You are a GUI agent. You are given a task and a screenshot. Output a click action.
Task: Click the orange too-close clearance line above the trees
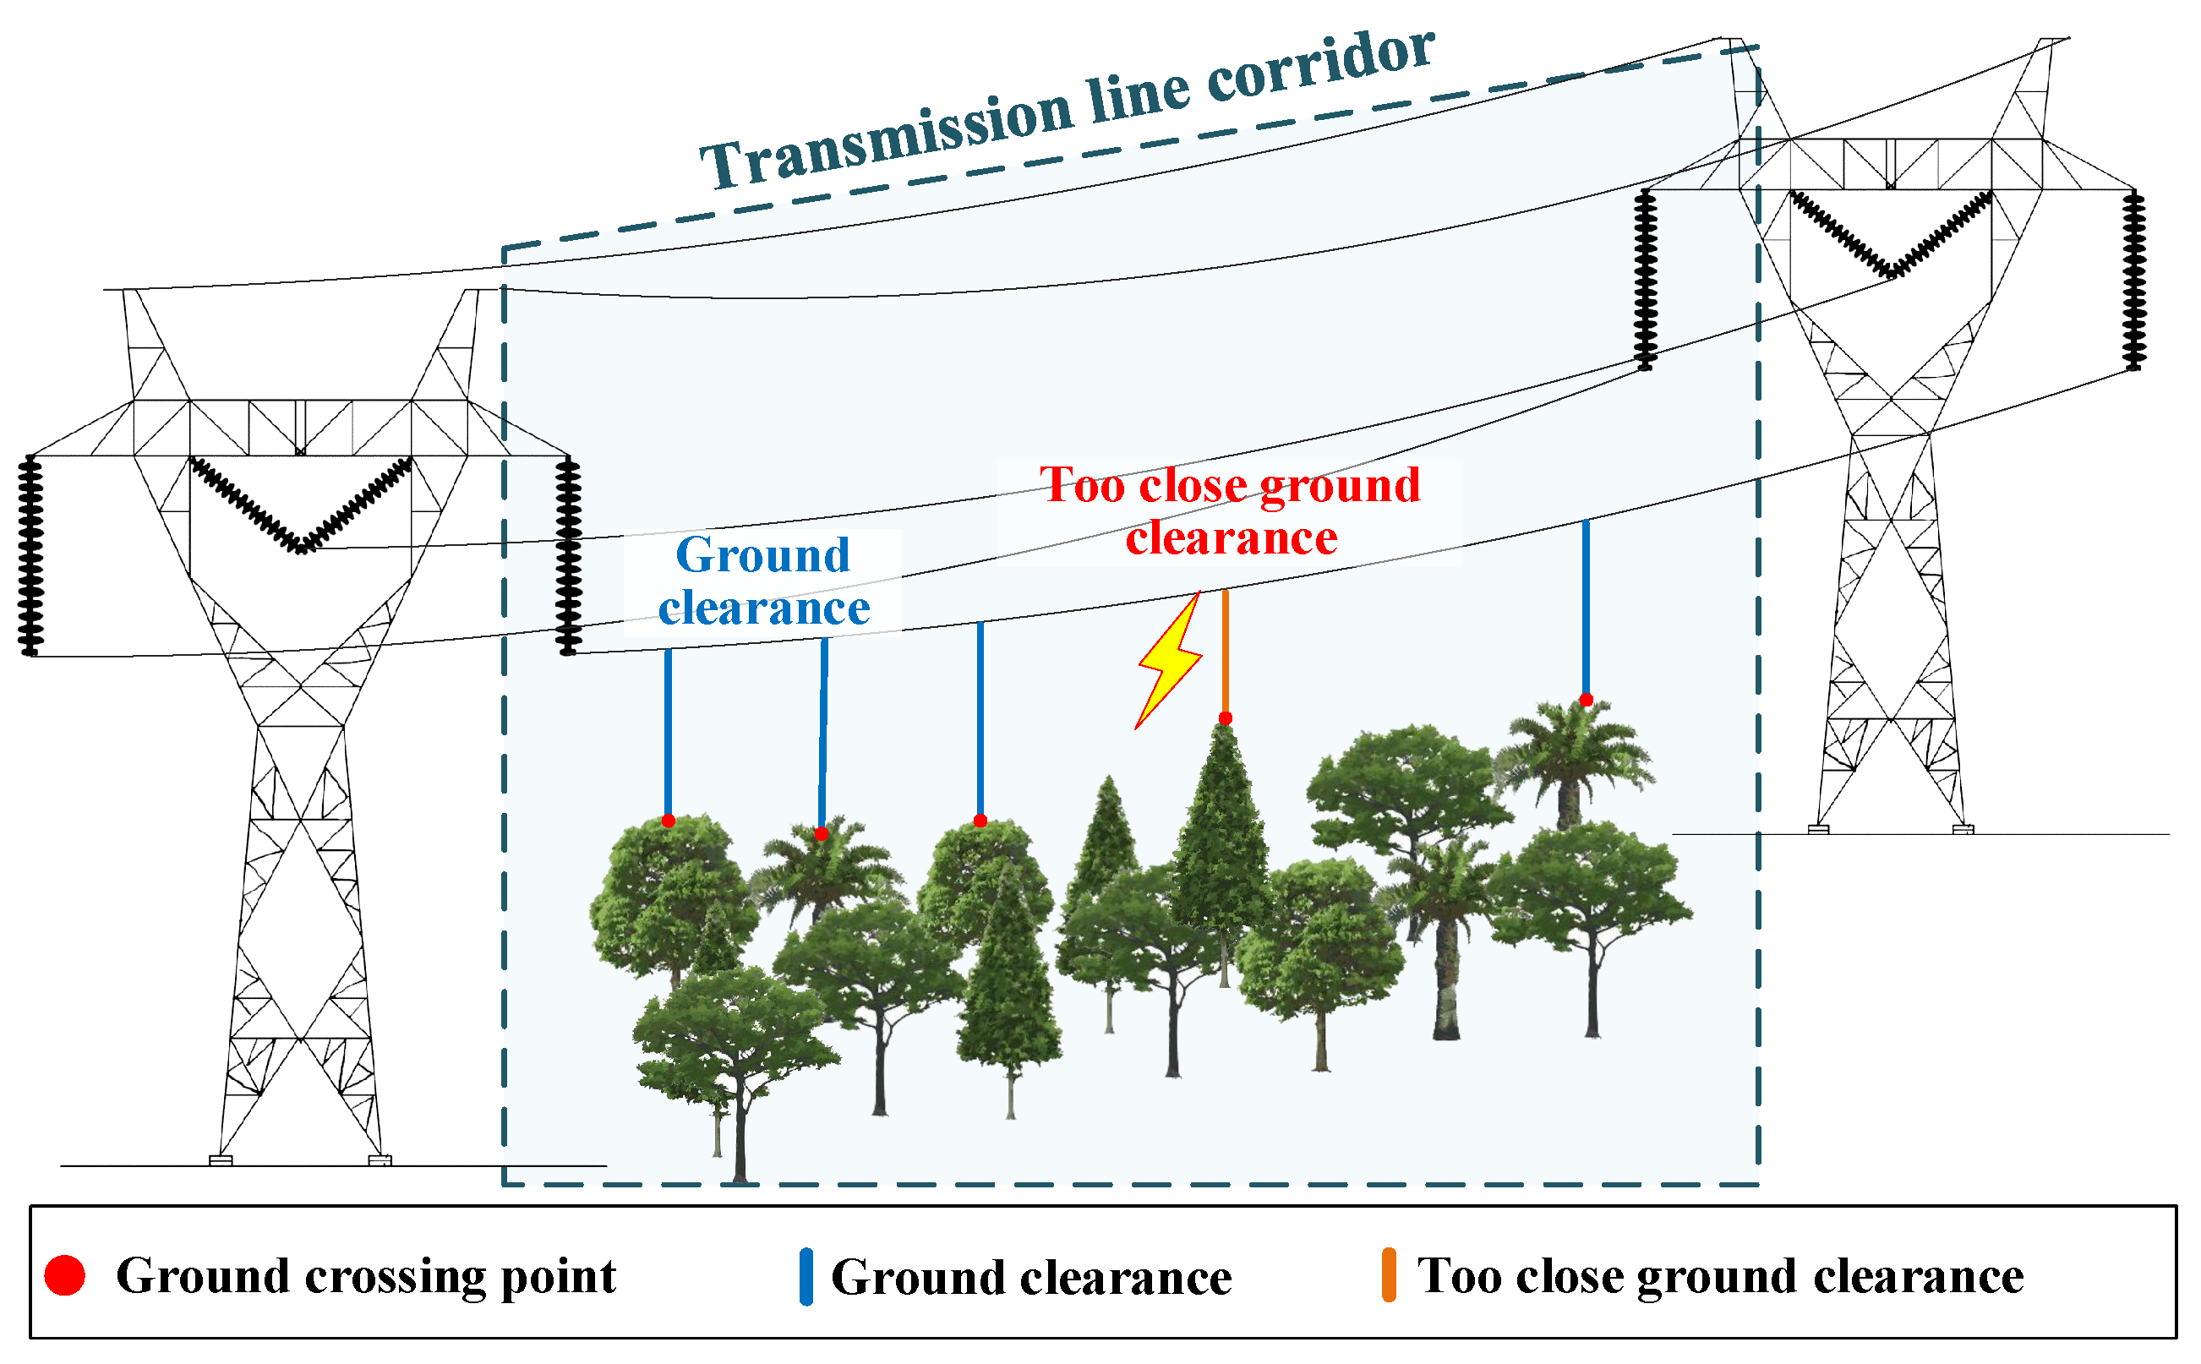[x=1225, y=652]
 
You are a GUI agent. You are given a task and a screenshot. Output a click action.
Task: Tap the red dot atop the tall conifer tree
[x=1225, y=718]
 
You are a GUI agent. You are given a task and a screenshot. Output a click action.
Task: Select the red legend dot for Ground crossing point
[x=65, y=1275]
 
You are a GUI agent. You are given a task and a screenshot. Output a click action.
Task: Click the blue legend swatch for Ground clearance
[x=806, y=1276]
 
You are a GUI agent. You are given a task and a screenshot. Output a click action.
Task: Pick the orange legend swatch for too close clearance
[x=1390, y=1274]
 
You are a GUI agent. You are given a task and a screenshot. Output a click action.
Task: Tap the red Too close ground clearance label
[x=1231, y=511]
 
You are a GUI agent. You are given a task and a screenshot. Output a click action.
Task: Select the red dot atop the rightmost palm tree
[x=1586, y=700]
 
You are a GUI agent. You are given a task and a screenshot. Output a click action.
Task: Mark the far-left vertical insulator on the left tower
[x=30, y=554]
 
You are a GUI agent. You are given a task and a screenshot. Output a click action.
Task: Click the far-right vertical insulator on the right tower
[x=2133, y=280]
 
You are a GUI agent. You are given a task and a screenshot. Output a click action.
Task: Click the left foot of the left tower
[x=221, y=1160]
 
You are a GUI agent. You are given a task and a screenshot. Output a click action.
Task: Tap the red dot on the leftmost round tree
[x=669, y=821]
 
